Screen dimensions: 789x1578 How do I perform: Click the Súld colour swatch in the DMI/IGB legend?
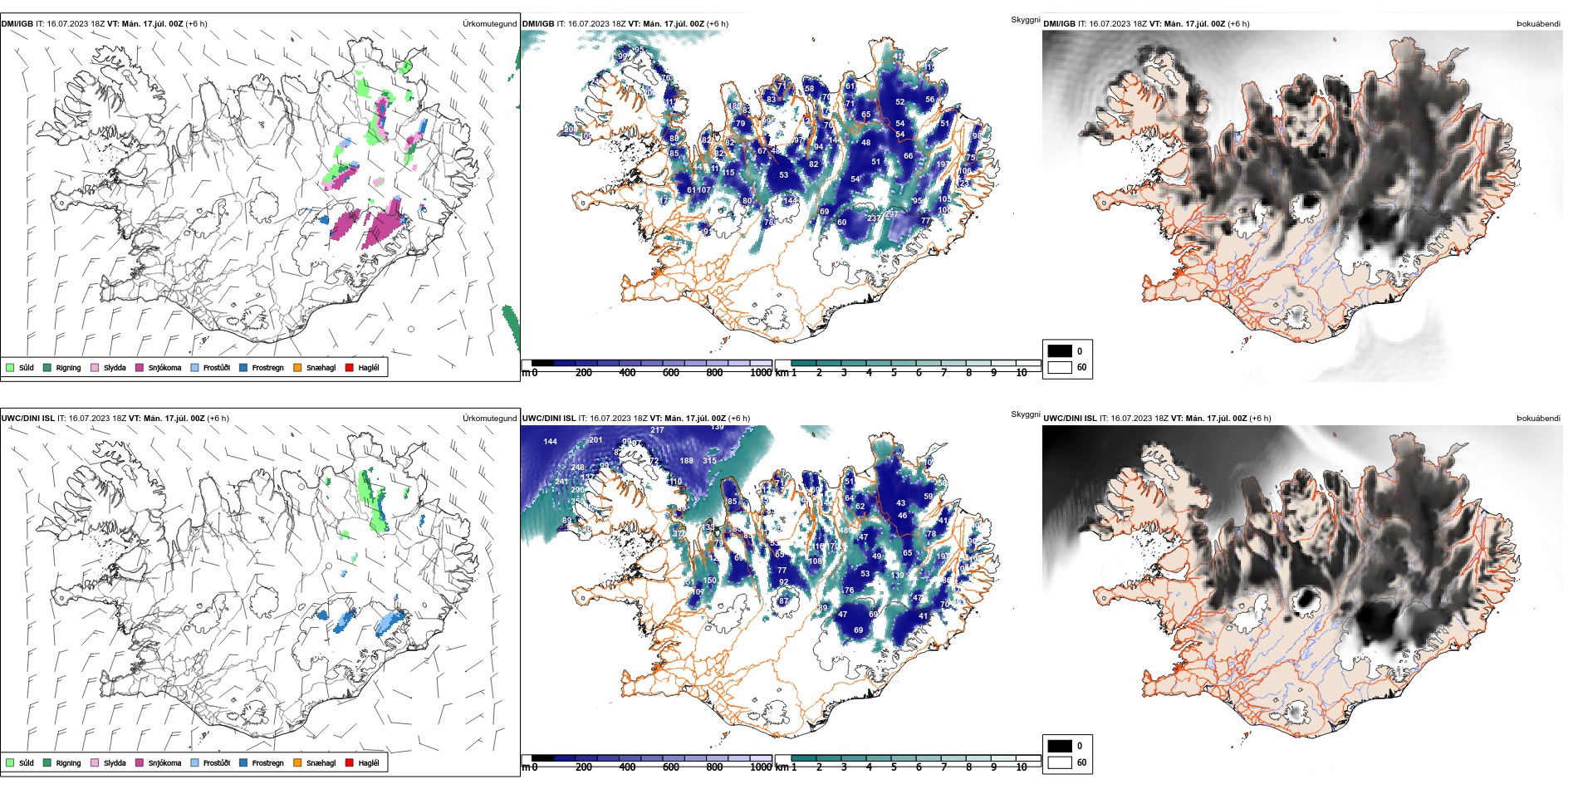click(x=10, y=367)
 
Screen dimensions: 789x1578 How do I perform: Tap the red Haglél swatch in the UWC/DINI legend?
click(x=350, y=762)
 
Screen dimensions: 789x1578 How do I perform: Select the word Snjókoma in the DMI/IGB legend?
click(x=164, y=368)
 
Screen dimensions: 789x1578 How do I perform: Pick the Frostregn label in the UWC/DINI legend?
click(x=267, y=763)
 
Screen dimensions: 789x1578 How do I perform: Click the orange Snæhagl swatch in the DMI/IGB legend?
click(x=297, y=367)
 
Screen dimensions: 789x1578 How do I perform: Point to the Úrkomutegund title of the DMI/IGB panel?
click(x=489, y=24)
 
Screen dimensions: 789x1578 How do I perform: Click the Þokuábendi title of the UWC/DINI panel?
click(x=1538, y=419)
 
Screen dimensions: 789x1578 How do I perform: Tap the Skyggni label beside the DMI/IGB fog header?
click(x=1025, y=20)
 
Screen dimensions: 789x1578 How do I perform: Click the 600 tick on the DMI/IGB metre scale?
click(x=670, y=373)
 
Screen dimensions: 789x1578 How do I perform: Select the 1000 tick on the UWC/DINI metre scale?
click(x=760, y=767)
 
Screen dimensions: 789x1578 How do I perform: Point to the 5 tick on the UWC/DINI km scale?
click(x=894, y=767)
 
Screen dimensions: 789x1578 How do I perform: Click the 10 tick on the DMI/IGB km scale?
click(x=1021, y=373)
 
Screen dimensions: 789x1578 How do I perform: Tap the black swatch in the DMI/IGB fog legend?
click(x=1060, y=351)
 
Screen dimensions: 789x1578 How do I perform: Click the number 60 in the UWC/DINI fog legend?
click(x=1081, y=762)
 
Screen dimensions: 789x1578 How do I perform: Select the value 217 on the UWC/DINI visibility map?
click(x=657, y=430)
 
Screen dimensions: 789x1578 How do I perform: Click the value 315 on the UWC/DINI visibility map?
click(x=709, y=461)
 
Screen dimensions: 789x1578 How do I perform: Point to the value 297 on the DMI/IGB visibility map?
click(x=892, y=214)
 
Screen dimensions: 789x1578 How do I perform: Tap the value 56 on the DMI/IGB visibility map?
click(x=929, y=100)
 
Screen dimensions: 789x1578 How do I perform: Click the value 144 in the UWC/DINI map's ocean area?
click(x=550, y=442)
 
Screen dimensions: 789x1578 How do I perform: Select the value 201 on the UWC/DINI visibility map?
click(x=595, y=440)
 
